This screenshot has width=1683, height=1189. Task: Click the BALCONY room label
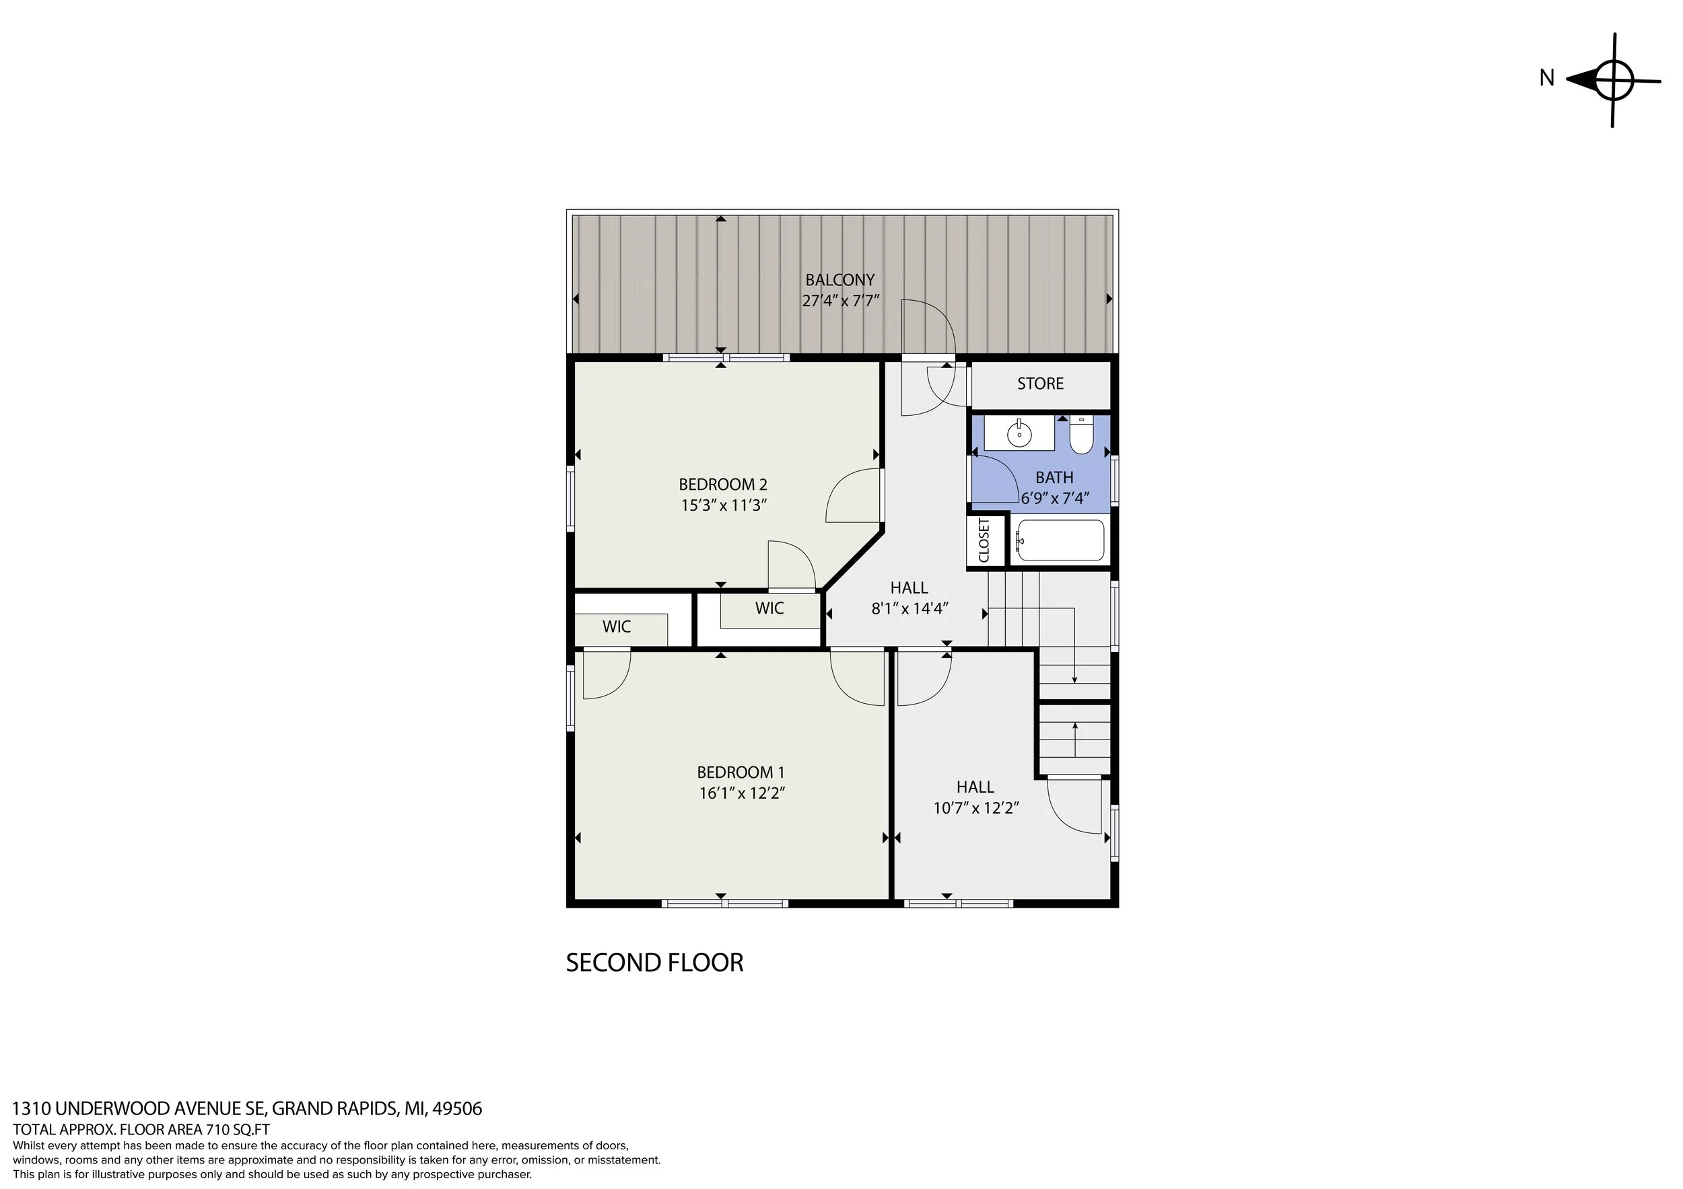pyautogui.click(x=840, y=280)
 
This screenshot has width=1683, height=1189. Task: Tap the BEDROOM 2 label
pyautogui.click(x=723, y=484)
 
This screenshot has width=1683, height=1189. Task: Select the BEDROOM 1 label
pyautogui.click(x=741, y=772)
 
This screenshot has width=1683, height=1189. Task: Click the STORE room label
pyautogui.click(x=1040, y=384)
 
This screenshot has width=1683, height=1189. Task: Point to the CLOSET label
pyautogui.click(x=984, y=540)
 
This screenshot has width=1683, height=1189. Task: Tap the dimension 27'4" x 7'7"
pyautogui.click(x=840, y=300)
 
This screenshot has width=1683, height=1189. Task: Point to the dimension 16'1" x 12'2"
pyautogui.click(x=742, y=793)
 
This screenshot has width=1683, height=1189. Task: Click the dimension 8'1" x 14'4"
pyautogui.click(x=909, y=608)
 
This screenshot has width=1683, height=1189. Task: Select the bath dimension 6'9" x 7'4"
pyautogui.click(x=1055, y=498)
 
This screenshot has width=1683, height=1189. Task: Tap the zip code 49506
pyautogui.click(x=456, y=1108)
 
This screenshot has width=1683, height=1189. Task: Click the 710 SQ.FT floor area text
pyautogui.click(x=234, y=1130)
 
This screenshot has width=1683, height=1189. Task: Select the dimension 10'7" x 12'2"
pyautogui.click(x=976, y=808)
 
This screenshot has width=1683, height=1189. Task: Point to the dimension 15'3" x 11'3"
pyautogui.click(x=724, y=505)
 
